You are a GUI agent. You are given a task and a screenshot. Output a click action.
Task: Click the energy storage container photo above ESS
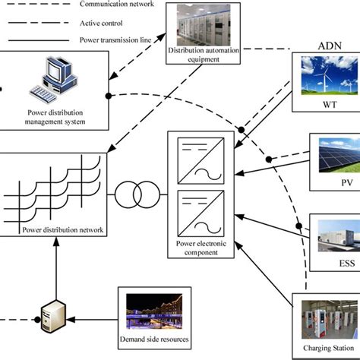(x=334, y=232)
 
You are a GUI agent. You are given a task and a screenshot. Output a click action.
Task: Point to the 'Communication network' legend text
(x=117, y=5)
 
